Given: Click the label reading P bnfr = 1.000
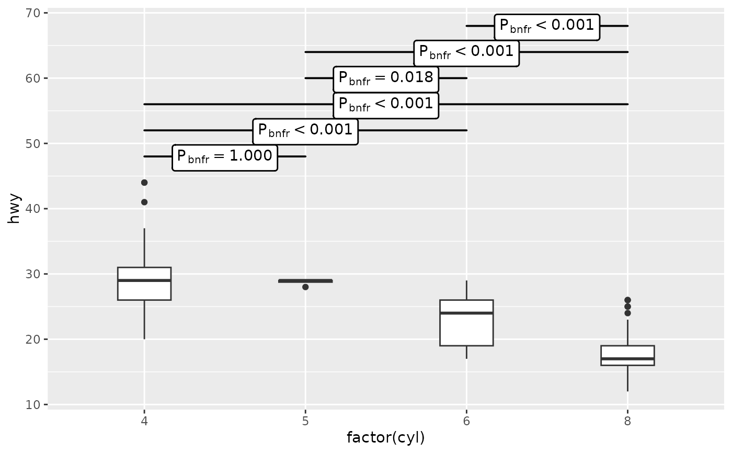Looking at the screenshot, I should pyautogui.click(x=225, y=157).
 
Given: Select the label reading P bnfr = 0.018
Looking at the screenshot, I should pyautogui.click(x=386, y=78).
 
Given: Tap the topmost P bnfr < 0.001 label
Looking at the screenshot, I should pyautogui.click(x=547, y=26).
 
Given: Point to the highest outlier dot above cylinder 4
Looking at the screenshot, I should pyautogui.click(x=144, y=183).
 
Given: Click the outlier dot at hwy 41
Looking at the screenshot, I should pyautogui.click(x=144, y=202).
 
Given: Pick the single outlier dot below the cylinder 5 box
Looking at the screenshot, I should pyautogui.click(x=305, y=287).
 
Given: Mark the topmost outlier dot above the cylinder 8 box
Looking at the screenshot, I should pyautogui.click(x=627, y=300).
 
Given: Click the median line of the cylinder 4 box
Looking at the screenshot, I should pyautogui.click(x=144, y=280).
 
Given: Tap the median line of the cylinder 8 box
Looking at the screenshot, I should pyautogui.click(x=627, y=359).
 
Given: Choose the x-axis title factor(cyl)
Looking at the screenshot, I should pyautogui.click(x=386, y=437).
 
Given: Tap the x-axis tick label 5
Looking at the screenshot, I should pyautogui.click(x=305, y=420).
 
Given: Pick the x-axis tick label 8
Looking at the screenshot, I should pyautogui.click(x=627, y=420).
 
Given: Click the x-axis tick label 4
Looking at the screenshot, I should pyautogui.click(x=144, y=420).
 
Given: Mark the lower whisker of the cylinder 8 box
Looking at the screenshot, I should pyautogui.click(x=627, y=378).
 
